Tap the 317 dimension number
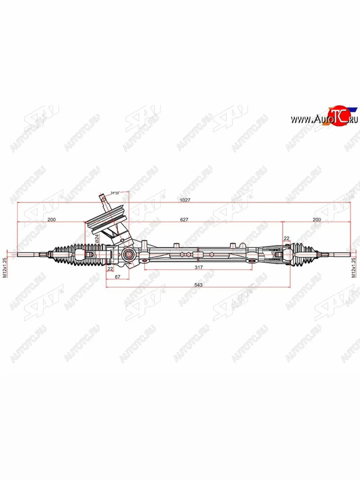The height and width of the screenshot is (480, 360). coord(198,267)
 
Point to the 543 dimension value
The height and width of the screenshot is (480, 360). coord(198,285)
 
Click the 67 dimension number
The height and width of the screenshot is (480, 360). coord(118,277)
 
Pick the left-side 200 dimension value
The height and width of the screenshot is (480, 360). coord(51,219)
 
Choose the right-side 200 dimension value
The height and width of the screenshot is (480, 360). coord(316,219)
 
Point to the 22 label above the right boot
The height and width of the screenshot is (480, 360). coord(286,238)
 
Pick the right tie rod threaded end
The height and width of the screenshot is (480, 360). coord(340,254)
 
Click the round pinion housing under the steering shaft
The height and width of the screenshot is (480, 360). coord(129,254)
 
